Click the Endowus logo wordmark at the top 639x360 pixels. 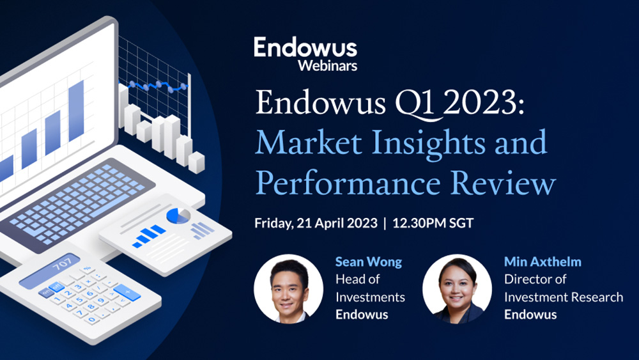click(305, 48)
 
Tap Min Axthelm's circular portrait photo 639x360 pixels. click(457, 288)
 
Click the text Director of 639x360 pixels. click(534, 279)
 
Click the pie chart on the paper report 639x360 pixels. click(177, 215)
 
